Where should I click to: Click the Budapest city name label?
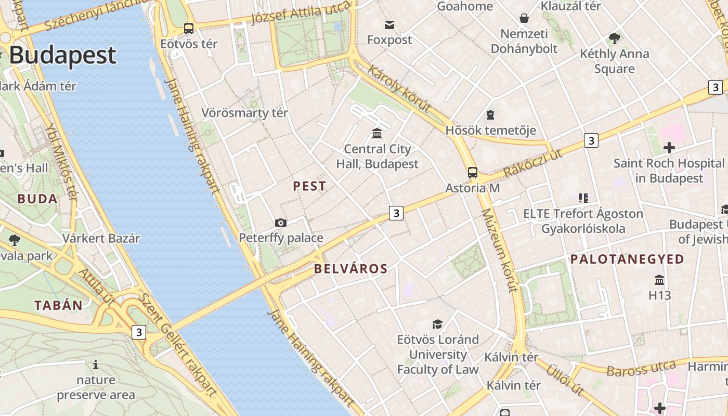[62, 55]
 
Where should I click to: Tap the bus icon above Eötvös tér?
[189, 29]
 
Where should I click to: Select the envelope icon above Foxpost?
[389, 24]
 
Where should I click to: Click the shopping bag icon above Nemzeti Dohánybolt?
[524, 18]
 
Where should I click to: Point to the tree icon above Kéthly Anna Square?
[614, 38]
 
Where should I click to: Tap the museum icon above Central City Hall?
[377, 134]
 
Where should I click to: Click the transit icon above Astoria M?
[472, 173]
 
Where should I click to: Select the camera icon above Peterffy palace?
[281, 223]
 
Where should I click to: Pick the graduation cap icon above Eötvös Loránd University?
[437, 324]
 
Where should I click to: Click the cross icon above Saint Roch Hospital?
[669, 148]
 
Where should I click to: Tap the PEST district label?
[309, 186]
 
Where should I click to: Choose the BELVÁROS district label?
[351, 269]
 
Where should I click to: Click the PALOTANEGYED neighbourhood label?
[627, 259]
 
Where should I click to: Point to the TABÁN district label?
[58, 305]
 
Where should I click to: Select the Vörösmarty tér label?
[244, 113]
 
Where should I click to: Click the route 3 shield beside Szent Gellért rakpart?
[138, 332]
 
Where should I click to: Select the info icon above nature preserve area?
[95, 365]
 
